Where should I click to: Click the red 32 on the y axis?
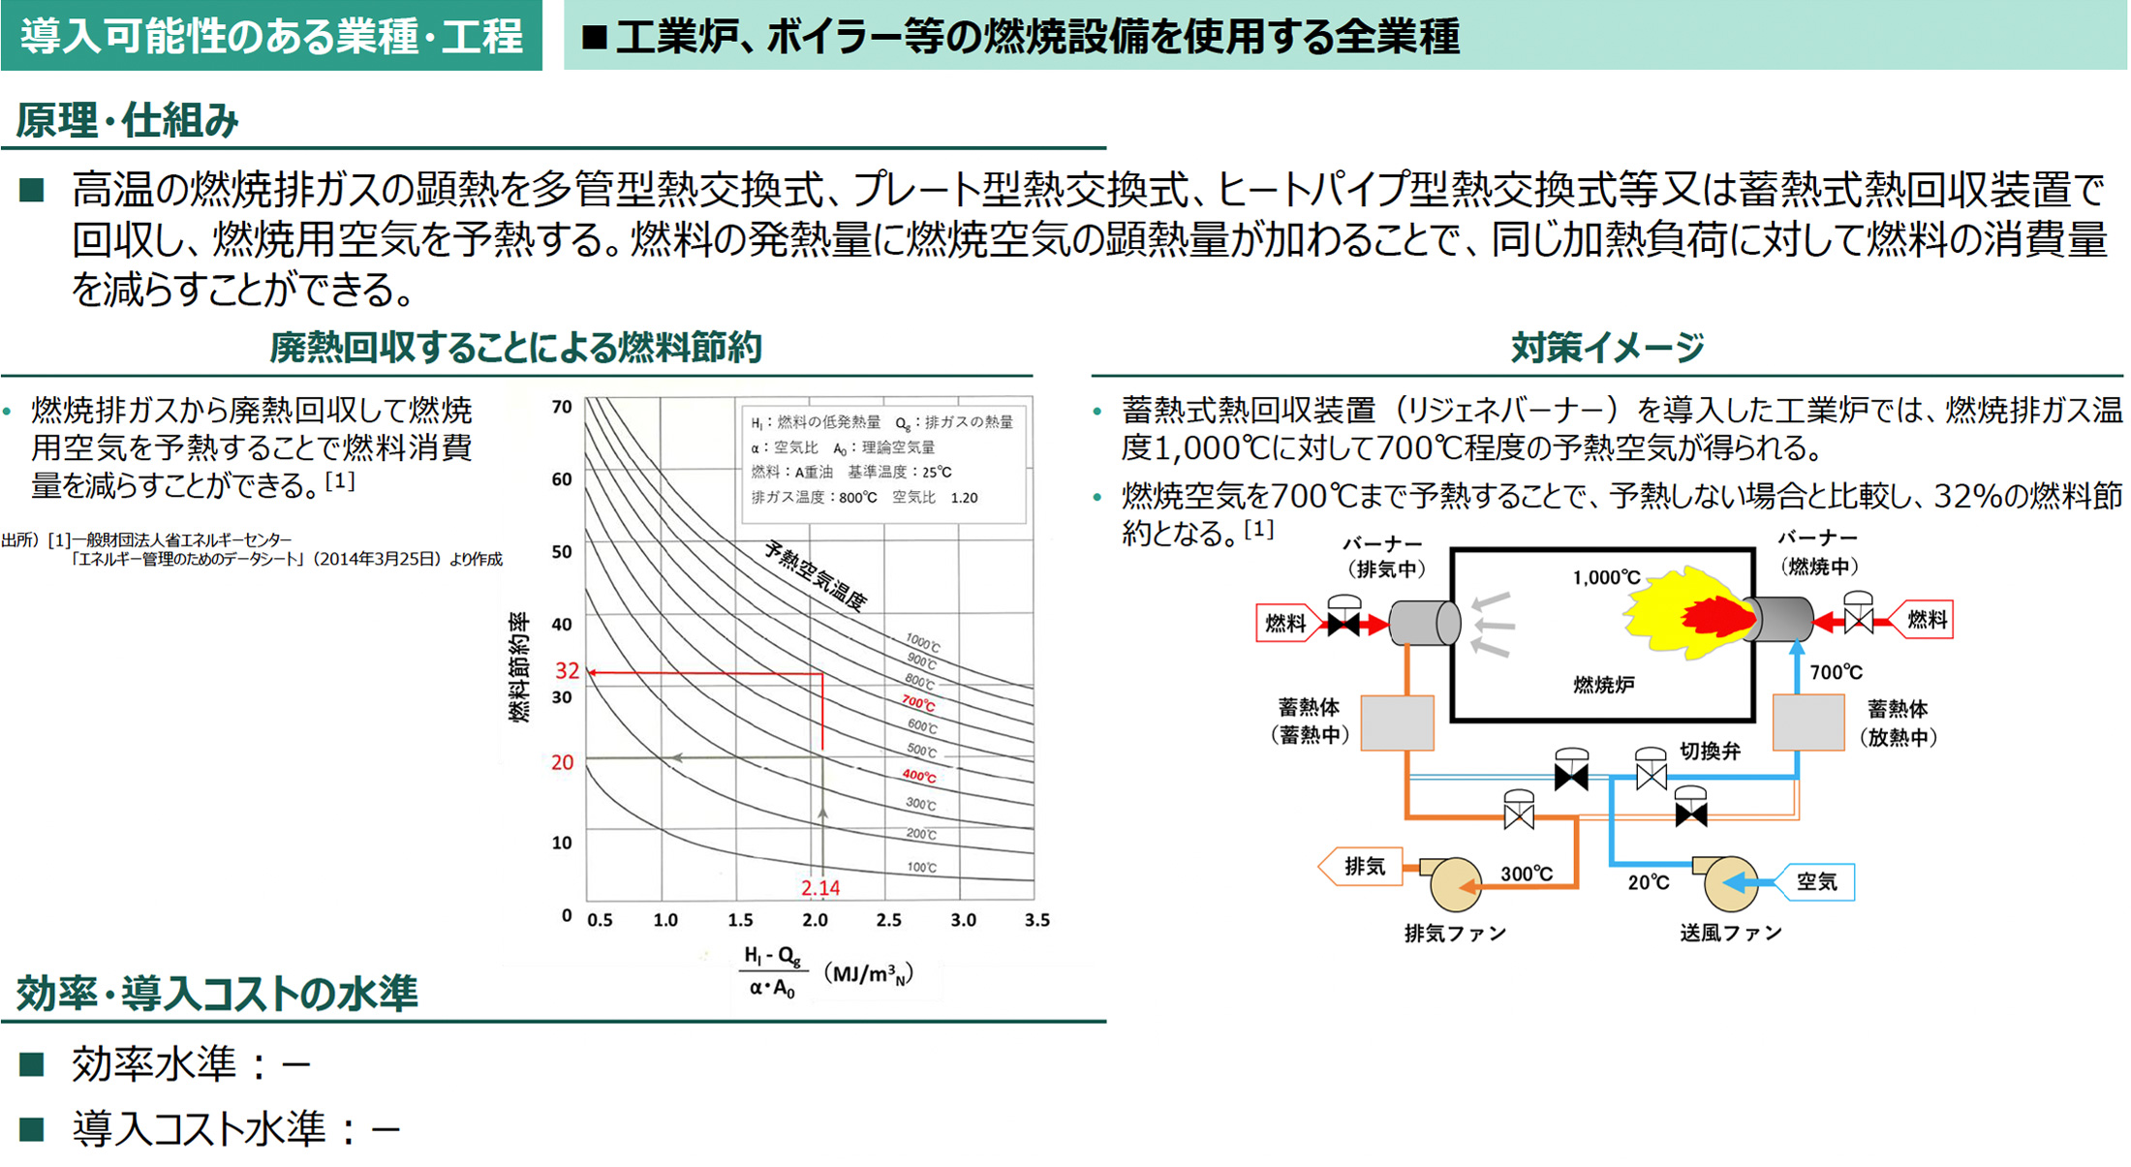pyautogui.click(x=567, y=670)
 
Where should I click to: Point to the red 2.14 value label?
pyautogui.click(x=820, y=887)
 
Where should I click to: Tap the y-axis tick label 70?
pyautogui.click(x=562, y=407)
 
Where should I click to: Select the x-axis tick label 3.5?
pyautogui.click(x=1036, y=919)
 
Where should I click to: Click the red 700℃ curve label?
pyautogui.click(x=918, y=702)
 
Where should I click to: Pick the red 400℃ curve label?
pyautogui.click(x=918, y=776)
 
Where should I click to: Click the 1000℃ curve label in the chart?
pyautogui.click(x=922, y=641)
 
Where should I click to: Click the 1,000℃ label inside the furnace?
pyautogui.click(x=1606, y=577)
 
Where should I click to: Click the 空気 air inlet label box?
pyautogui.click(x=1816, y=881)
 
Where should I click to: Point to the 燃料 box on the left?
pyautogui.click(x=1285, y=623)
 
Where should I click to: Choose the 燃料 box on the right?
pyautogui.click(x=1926, y=620)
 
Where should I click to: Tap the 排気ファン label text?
pyautogui.click(x=1455, y=933)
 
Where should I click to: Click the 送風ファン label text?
pyautogui.click(x=1730, y=933)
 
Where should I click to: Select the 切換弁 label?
pyautogui.click(x=1711, y=751)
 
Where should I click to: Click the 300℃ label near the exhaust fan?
pyautogui.click(x=1527, y=874)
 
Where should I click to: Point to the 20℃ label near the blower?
pyautogui.click(x=1648, y=882)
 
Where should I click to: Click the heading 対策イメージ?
pyautogui.click(x=1607, y=347)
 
